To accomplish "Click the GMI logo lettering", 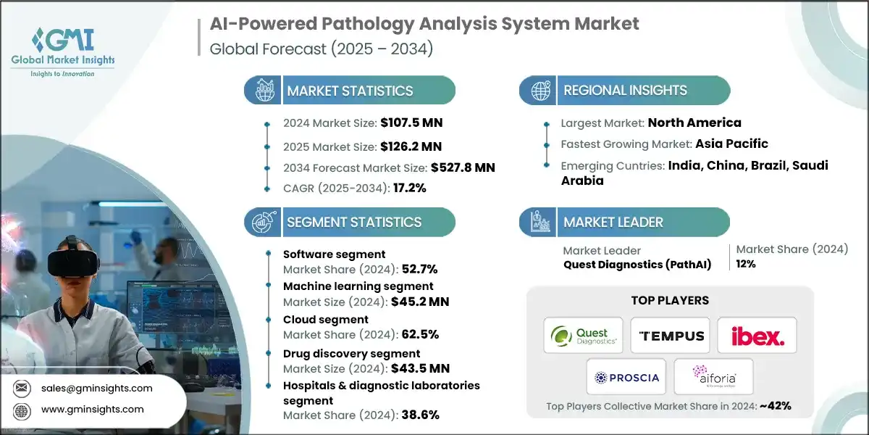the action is tap(64, 40).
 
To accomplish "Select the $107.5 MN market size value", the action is tap(411, 123).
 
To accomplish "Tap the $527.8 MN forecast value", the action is tap(463, 167).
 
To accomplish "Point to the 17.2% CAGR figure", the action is tap(410, 188).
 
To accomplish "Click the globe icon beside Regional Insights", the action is tap(540, 91).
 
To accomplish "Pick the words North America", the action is tap(694, 123).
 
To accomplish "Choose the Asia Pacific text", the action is tap(731, 144).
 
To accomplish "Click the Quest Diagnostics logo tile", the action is tap(583, 335).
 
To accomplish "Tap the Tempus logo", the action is tap(670, 335).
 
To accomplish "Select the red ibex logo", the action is tap(757, 336).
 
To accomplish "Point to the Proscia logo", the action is tap(626, 377).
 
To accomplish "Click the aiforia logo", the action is tap(714, 376).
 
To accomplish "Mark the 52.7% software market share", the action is tap(420, 269).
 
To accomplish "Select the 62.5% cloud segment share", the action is tap(420, 334).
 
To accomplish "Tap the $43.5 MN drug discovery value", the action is tap(420, 368).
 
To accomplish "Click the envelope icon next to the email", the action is tap(21, 388).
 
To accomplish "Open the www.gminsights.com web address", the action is tap(93, 410).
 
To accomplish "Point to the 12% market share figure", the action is tap(746, 264).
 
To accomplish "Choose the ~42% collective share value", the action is tap(775, 406).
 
